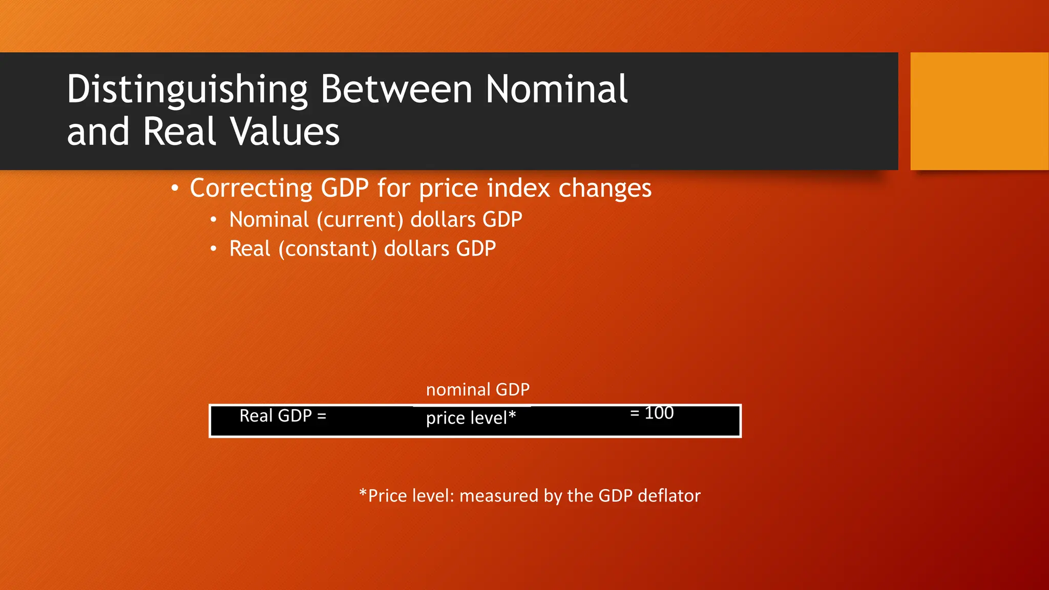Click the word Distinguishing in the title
click(187, 90)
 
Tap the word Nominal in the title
click(556, 89)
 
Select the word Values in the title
click(285, 132)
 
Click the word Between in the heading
click(396, 89)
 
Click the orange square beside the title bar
click(979, 111)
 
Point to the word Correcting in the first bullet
click(251, 188)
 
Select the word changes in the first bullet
click(605, 188)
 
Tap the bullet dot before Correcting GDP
click(175, 189)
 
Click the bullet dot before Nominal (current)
click(214, 220)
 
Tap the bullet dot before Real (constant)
click(214, 249)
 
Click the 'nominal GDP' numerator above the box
click(477, 390)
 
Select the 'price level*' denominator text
click(471, 418)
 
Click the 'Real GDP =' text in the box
click(283, 416)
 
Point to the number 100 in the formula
click(659, 413)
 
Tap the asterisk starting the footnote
click(363, 494)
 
